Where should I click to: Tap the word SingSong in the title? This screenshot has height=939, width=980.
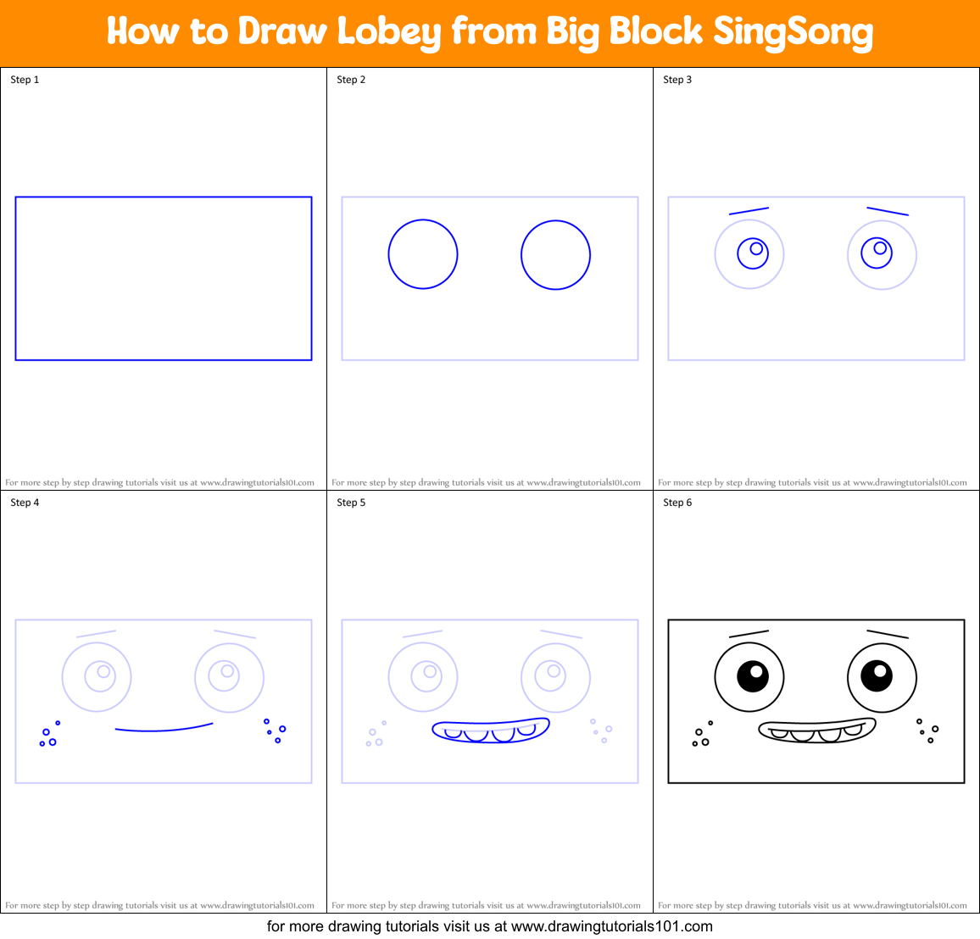793,32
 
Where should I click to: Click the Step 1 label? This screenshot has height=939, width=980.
25,80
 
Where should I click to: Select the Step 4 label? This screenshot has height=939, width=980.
25,503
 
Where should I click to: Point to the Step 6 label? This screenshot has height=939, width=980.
677,503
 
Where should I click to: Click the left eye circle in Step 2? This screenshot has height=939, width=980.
423,254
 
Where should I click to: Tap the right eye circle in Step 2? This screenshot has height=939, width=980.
555,254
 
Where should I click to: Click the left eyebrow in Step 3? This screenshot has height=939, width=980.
749,211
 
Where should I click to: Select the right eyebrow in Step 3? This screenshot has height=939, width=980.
888,211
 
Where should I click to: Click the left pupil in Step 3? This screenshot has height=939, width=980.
753,253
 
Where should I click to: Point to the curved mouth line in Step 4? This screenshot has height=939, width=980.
164,728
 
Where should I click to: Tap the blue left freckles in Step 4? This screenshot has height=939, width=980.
49,736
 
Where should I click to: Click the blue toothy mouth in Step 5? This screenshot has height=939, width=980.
490,731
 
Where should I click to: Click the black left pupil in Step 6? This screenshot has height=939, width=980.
752,675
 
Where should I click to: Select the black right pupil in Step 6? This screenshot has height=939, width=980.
877,675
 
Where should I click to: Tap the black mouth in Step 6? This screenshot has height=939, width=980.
816,731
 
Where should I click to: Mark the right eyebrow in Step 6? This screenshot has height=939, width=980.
888,634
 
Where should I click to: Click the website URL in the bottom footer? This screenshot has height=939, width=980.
611,926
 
